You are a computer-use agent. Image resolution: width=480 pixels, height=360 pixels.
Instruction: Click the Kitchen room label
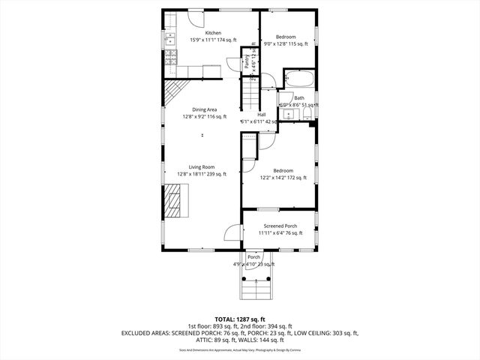[x=214, y=33]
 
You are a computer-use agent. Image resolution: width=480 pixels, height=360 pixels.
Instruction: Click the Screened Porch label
[x=280, y=225]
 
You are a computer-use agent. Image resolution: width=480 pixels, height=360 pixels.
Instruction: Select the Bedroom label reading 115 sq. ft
[x=285, y=37]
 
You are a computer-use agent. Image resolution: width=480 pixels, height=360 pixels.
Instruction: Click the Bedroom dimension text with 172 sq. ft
[x=283, y=178]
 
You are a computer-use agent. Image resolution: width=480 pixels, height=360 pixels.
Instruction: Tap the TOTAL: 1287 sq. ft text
[x=240, y=319]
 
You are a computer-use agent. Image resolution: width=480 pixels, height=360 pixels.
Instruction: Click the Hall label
[x=261, y=115]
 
